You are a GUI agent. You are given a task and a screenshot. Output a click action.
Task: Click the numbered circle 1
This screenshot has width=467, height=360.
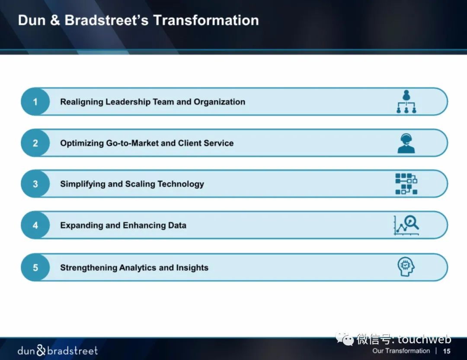[35, 102]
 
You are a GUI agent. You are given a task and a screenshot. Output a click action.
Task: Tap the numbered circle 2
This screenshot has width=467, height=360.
[35, 143]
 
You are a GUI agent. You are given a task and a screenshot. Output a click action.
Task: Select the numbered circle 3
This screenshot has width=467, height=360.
[35, 184]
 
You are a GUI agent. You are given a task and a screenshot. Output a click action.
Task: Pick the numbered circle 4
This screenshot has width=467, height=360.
[35, 225]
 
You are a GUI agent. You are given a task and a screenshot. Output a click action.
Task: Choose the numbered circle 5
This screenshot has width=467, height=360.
[35, 268]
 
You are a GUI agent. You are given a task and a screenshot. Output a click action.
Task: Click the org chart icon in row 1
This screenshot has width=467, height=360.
[406, 102]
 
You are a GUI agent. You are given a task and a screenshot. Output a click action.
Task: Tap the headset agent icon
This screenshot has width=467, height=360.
[406, 143]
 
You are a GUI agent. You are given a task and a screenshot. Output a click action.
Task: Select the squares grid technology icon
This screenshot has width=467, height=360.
[406, 184]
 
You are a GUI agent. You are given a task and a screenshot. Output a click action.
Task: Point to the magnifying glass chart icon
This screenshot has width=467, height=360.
[406, 225]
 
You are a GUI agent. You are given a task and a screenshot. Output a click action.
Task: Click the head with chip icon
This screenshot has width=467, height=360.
[406, 267]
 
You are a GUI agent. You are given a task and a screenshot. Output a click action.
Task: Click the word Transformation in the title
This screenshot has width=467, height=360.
[206, 21]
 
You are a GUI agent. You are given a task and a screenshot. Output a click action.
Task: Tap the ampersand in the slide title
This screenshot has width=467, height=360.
[55, 21]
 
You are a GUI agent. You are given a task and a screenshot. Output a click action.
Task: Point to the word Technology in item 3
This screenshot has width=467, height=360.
[180, 184]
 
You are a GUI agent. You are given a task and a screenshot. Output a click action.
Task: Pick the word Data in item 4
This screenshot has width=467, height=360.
[177, 225]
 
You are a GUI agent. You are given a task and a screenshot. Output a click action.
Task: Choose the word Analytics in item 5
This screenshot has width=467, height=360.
[138, 268]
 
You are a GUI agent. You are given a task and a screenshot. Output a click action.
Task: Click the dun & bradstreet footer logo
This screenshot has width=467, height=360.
[58, 350]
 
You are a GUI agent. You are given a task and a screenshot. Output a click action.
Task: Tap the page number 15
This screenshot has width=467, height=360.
[446, 351]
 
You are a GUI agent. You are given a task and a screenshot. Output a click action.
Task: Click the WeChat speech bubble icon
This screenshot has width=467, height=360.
[345, 339]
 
